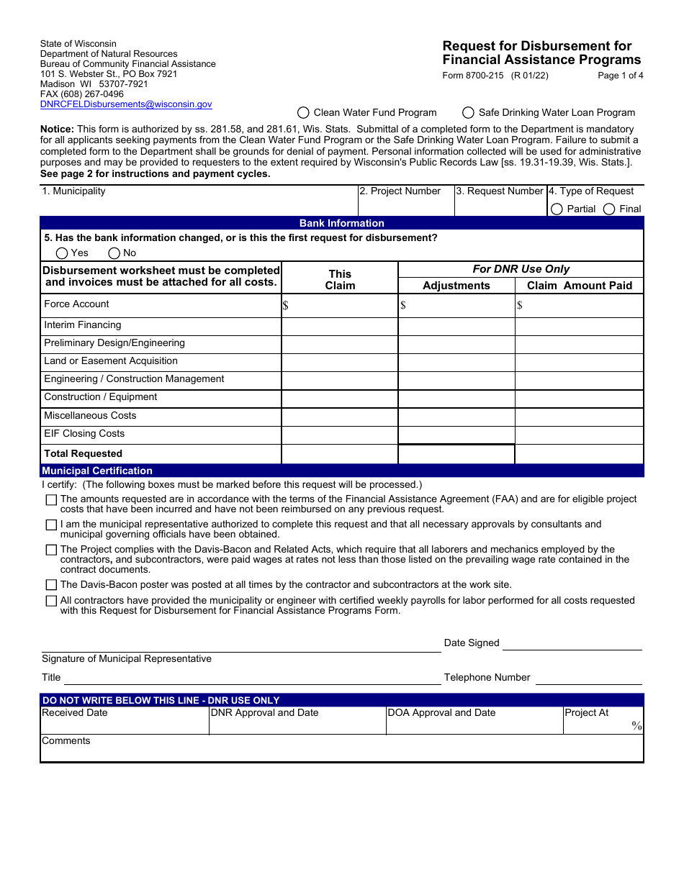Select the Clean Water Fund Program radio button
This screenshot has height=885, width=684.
[x=303, y=112]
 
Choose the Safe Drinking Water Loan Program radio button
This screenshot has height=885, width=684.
[x=468, y=112]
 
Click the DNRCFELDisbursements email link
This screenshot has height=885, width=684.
[x=126, y=104]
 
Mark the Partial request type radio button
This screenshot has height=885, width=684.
[x=557, y=209]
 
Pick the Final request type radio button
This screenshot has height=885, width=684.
[x=609, y=209]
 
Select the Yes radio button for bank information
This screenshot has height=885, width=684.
[x=62, y=253]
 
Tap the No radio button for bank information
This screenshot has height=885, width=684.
[x=114, y=253]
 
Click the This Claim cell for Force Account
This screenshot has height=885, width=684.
[x=339, y=305]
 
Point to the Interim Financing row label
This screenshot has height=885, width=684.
[x=82, y=325]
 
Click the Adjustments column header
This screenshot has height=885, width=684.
[x=456, y=286]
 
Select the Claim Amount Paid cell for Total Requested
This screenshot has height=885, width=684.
[x=579, y=454]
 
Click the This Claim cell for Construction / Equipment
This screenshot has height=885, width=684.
[x=339, y=399]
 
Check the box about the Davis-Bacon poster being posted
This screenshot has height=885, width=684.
[x=51, y=585]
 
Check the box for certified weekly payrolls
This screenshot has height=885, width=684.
[x=51, y=601]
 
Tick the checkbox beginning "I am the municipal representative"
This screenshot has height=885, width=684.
[x=51, y=525]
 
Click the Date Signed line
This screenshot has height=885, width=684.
[x=572, y=645]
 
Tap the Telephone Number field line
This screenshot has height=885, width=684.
[x=588, y=678]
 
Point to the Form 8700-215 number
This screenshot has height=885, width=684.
[x=473, y=76]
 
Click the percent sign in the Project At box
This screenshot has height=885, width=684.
[x=636, y=725]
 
